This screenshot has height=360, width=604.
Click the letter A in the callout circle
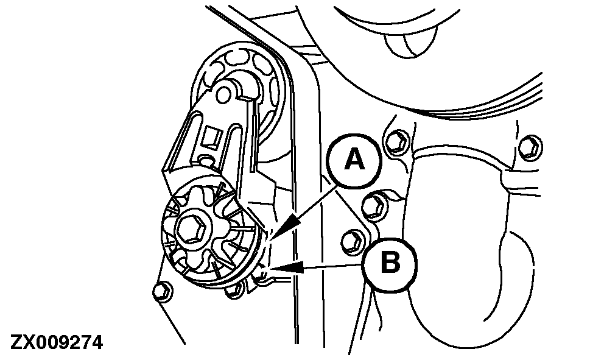coord(354,160)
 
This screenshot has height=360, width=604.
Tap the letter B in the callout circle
coord(390,265)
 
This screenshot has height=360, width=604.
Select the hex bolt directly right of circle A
coord(396,142)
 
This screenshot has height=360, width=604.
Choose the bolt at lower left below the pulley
coord(162,291)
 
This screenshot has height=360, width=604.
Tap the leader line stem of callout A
coord(317,204)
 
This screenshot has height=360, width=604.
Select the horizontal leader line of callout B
coord(323,266)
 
